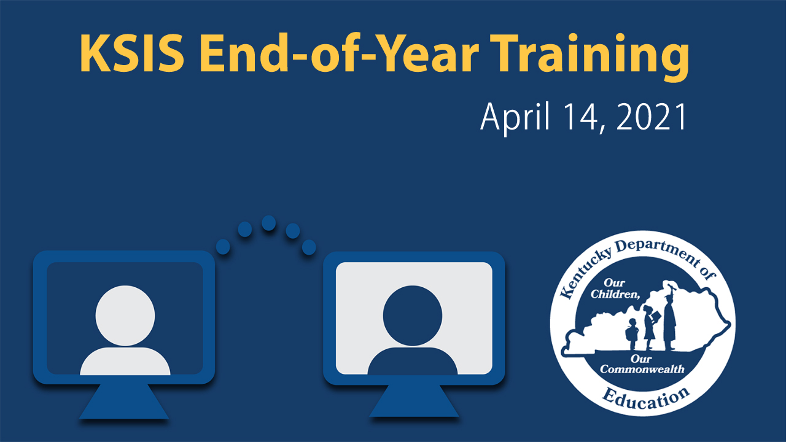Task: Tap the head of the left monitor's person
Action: (x=125, y=313)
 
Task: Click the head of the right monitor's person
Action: (x=413, y=314)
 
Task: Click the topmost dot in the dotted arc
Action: (x=268, y=223)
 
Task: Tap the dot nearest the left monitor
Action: (x=223, y=247)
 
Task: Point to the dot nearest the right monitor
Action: (x=309, y=247)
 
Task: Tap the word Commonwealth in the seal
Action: (x=642, y=369)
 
